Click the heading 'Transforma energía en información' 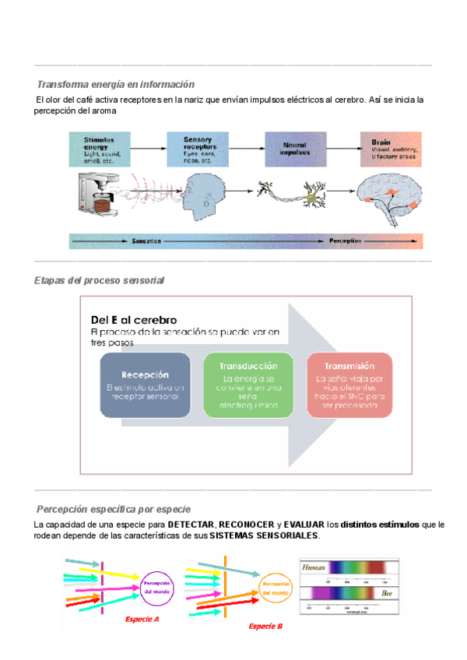pyautogui.click(x=115, y=84)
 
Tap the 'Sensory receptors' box pyautogui.click(x=202, y=149)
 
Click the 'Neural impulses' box pyautogui.click(x=295, y=149)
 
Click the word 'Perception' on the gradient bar pyautogui.click(x=346, y=241)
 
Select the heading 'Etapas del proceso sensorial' pyautogui.click(x=100, y=280)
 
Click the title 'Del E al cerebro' pyautogui.click(x=134, y=320)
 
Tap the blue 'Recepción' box pyautogui.click(x=146, y=384)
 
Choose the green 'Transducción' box pyautogui.click(x=248, y=384)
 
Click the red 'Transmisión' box pyautogui.click(x=349, y=384)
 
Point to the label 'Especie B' pyautogui.click(x=265, y=626)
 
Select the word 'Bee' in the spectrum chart pyautogui.click(x=387, y=593)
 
